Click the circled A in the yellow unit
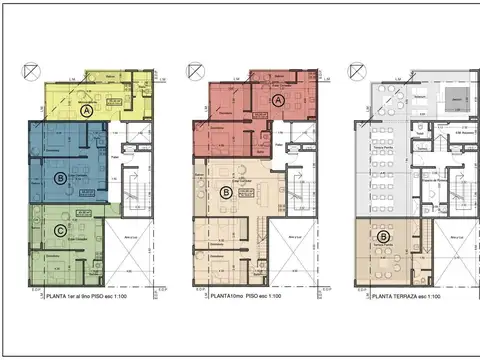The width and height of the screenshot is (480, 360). [x=87, y=112]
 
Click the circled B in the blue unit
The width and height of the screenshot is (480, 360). [x=62, y=178]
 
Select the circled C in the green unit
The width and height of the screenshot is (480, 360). [x=62, y=230]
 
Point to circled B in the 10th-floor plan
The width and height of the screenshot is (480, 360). [x=226, y=192]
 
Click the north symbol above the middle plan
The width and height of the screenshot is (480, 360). [x=194, y=71]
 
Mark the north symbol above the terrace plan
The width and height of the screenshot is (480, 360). [x=355, y=71]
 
